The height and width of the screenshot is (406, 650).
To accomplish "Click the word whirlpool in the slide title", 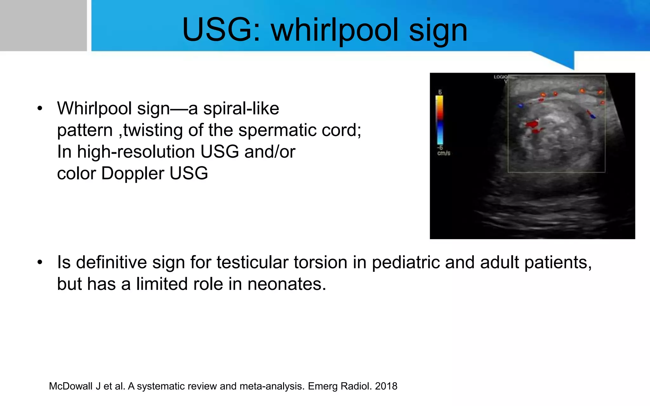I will pos(335,30).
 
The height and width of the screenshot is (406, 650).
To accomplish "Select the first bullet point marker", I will pos(40,108).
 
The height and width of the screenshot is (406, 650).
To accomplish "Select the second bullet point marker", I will pos(40,263).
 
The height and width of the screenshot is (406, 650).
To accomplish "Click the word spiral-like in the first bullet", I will pos(241,108).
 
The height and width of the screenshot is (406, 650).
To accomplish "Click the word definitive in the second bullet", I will pos(111,263).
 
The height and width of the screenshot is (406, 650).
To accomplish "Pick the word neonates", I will pos(287,284).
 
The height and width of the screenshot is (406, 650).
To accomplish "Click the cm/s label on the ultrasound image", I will pos(443,153).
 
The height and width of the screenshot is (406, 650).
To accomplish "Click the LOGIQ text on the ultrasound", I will pos(501,77).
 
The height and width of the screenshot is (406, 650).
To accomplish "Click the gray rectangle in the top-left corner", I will pos(43,25).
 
